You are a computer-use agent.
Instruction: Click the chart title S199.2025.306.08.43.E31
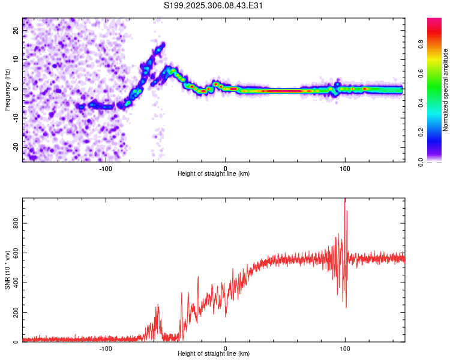(214, 5)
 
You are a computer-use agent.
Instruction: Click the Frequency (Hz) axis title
(7, 89)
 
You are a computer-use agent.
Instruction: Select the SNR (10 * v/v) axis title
(7, 269)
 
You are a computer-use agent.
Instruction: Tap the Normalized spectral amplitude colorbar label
(446, 91)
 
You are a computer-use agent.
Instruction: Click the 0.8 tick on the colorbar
(421, 44)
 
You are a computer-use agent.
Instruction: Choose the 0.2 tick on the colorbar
(421, 133)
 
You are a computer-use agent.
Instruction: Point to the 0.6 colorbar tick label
(421, 73)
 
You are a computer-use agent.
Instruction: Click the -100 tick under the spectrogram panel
(106, 168)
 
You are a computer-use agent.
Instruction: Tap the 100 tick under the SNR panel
(345, 349)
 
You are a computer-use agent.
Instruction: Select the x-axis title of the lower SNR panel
(214, 354)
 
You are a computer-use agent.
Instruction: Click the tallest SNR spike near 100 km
(345, 200)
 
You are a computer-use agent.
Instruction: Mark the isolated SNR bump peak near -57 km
(158, 305)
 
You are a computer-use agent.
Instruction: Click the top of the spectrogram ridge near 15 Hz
(162, 44)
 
